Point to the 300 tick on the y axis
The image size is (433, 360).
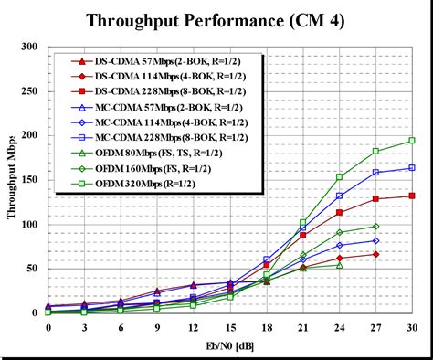pos(30,47)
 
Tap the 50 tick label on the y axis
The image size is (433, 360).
pos(33,269)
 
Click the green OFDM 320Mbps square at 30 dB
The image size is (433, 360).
pos(412,141)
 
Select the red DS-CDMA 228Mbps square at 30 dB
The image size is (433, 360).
pos(412,196)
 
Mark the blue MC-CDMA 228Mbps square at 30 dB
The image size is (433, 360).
pos(412,168)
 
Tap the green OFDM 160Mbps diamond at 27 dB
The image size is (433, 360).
pos(375,227)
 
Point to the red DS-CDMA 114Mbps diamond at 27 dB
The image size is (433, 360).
pos(375,254)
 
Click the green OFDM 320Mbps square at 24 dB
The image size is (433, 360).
pos(339,176)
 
